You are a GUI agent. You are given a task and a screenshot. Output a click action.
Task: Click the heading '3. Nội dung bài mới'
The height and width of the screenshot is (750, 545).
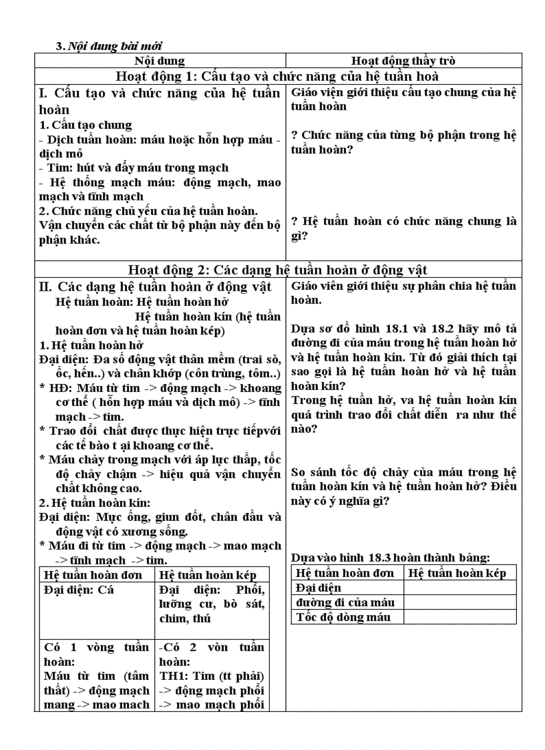tap(109, 46)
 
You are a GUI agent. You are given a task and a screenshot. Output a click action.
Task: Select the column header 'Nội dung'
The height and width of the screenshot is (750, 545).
tap(160, 61)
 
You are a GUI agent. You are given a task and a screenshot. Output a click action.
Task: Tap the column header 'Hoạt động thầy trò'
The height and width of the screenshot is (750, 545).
tap(403, 61)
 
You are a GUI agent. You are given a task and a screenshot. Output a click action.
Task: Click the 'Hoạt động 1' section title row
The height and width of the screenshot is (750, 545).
tap(277, 75)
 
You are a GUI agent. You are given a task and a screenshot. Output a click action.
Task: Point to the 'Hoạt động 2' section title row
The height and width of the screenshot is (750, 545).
tap(277, 270)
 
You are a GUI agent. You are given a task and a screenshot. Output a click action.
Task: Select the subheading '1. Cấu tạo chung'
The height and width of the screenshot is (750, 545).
tap(85, 125)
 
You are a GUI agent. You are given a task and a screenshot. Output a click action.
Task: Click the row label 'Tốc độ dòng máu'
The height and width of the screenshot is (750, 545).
tap(343, 617)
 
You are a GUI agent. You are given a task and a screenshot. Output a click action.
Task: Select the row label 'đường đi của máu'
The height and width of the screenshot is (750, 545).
tap(345, 602)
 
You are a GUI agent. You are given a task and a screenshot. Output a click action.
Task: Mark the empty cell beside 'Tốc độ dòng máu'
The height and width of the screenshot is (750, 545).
tap(460, 617)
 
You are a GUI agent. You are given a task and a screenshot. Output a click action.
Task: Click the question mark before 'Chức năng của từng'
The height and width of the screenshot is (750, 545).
tap(295, 135)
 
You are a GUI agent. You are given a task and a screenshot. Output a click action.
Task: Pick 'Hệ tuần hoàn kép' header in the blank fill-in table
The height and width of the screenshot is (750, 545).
tap(458, 573)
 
